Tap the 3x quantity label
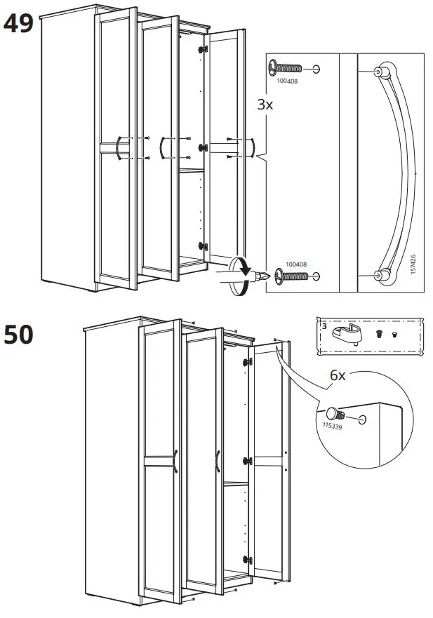[x=264, y=105]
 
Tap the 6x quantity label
[x=338, y=375]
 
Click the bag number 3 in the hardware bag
[x=324, y=326]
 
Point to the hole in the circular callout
[x=362, y=418]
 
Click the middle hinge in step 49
[x=204, y=148]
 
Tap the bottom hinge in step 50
[x=246, y=560]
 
